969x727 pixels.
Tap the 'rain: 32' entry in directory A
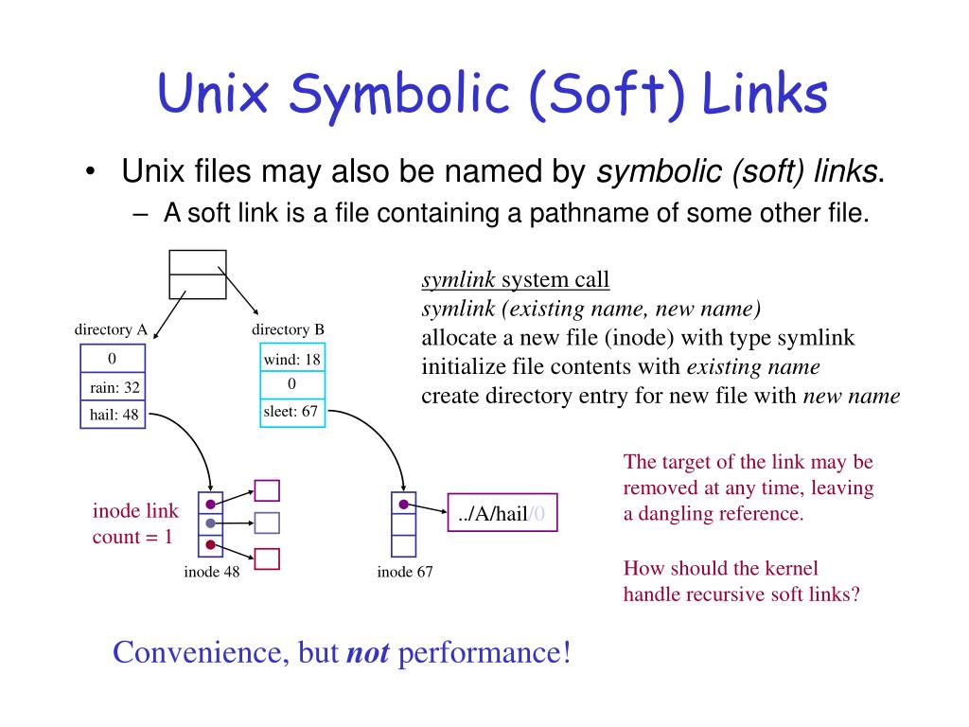click(115, 387)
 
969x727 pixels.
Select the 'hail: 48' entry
click(115, 414)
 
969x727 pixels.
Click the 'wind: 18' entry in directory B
click(291, 359)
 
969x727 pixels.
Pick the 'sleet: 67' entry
click(291, 411)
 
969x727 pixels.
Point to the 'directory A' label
click(112, 329)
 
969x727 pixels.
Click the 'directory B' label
click(288, 329)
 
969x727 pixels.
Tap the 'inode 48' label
click(211, 572)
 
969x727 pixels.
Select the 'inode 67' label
click(405, 572)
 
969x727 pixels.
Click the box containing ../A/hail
click(502, 514)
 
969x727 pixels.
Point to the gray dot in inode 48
click(210, 523)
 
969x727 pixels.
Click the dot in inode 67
click(404, 504)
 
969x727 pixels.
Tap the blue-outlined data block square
click(268, 523)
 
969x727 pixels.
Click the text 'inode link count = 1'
click(134, 524)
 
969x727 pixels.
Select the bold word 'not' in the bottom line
click(367, 653)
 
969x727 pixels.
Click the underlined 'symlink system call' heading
click(516, 280)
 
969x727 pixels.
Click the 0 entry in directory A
click(112, 359)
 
